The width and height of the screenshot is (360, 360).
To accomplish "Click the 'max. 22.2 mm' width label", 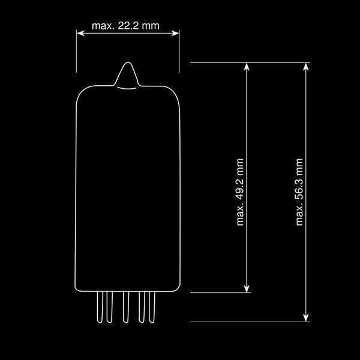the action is coord(125,26).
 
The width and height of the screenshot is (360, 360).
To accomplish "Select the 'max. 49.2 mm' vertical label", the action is coord(240,192).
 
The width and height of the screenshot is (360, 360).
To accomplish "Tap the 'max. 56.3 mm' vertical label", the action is coord(299,192).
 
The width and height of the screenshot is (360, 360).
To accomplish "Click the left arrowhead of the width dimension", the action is coord(80,33).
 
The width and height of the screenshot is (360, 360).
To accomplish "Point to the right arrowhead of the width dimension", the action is coord(175,33).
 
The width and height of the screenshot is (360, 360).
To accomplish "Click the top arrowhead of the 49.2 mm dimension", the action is coord(247,67).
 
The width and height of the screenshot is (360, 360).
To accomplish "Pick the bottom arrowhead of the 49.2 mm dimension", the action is coord(247,289).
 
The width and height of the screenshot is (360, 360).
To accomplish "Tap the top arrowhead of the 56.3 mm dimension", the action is coord(306,67).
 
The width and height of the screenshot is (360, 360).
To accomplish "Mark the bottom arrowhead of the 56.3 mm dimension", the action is coord(306,318).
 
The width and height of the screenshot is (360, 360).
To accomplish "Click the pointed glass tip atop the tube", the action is coord(128,62).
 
